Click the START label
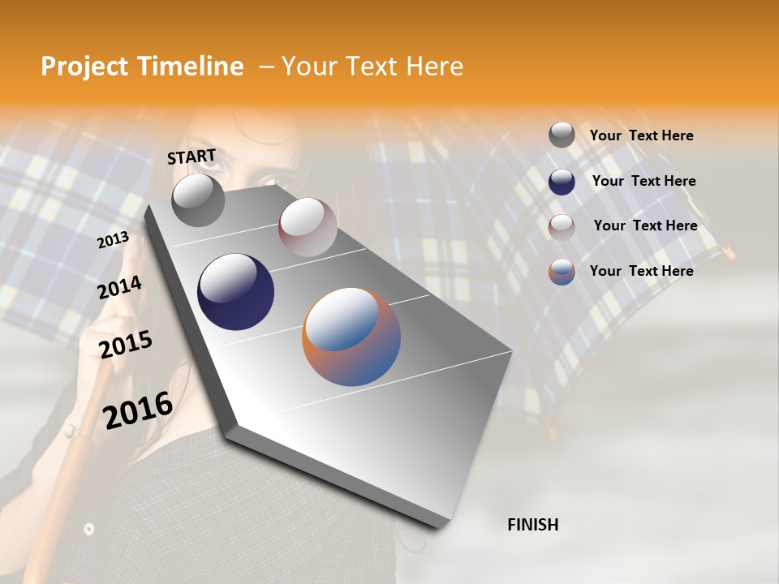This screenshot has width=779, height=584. [x=192, y=157]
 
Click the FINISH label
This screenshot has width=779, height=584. [x=532, y=525]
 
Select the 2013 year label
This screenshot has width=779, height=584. [x=113, y=240]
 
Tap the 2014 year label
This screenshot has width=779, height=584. [x=119, y=288]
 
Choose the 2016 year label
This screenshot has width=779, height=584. [x=138, y=410]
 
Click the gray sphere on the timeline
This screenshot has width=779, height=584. [x=198, y=200]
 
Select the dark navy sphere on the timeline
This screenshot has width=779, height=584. [x=235, y=292]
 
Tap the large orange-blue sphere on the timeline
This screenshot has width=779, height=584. [x=351, y=337]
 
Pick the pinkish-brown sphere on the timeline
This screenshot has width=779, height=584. [x=308, y=226]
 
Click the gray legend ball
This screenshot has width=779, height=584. [x=562, y=135]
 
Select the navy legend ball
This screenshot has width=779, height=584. [x=562, y=182]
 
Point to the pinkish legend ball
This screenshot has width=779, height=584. [x=562, y=226]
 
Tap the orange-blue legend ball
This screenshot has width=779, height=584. [x=562, y=272]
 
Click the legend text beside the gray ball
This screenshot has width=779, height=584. [x=641, y=135]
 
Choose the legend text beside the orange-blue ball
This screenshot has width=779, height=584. [x=641, y=271]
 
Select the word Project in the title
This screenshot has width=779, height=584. [x=83, y=67]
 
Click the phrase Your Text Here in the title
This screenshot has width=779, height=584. [x=372, y=67]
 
